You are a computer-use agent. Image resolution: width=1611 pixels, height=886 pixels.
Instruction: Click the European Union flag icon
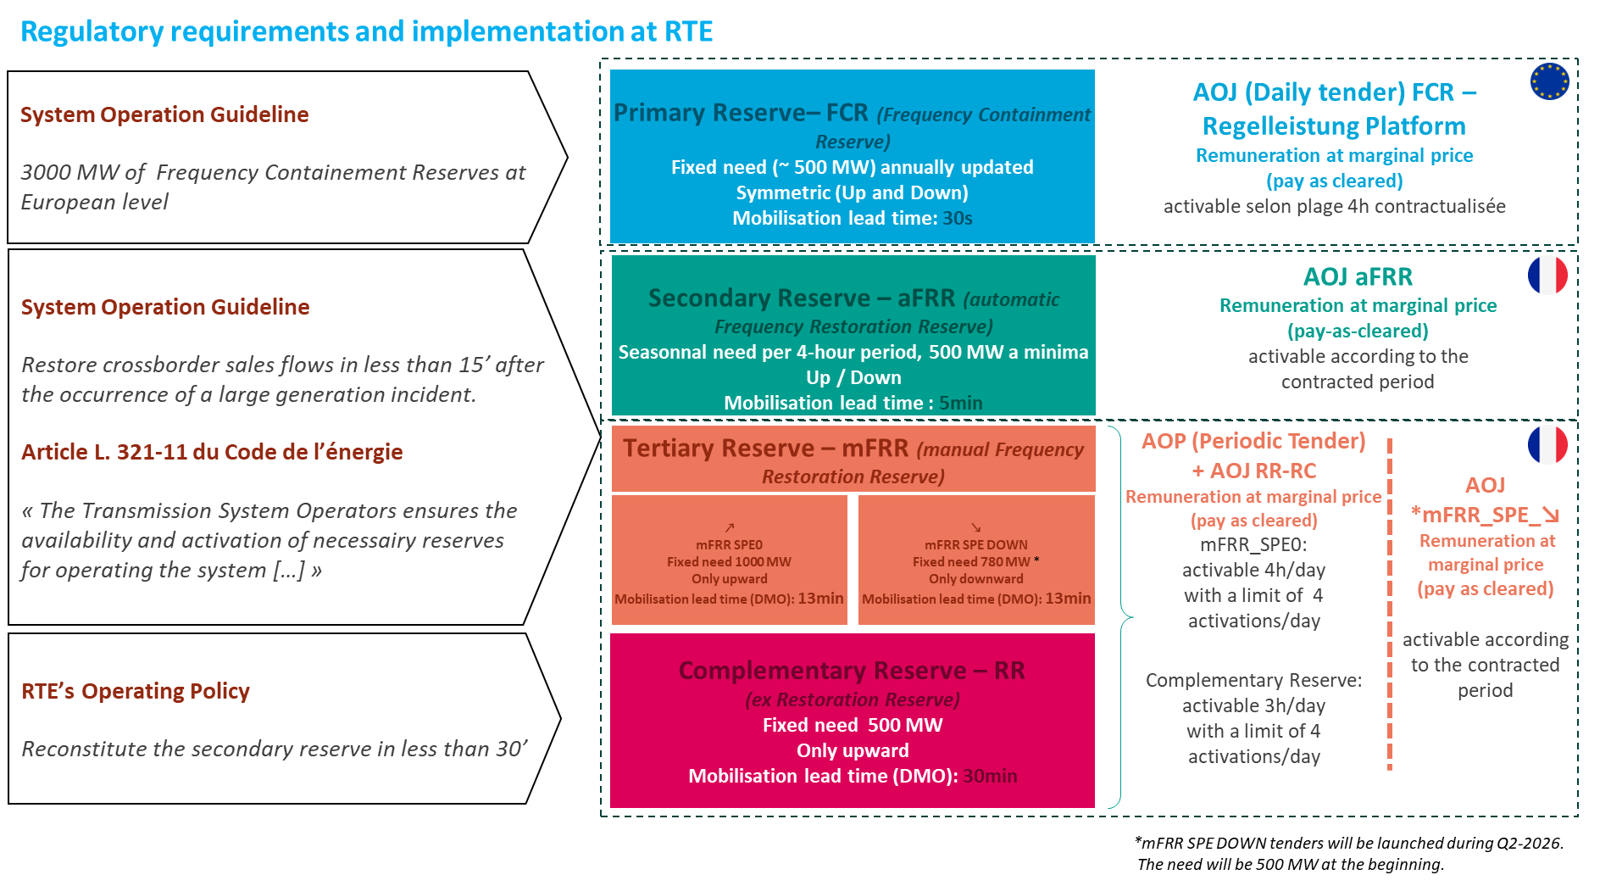pyautogui.click(x=1549, y=81)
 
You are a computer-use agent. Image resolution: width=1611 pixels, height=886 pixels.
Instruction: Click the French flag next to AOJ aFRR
pyautogui.click(x=1547, y=276)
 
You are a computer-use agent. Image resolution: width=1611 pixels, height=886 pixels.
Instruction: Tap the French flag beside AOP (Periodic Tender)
pyautogui.click(x=1547, y=444)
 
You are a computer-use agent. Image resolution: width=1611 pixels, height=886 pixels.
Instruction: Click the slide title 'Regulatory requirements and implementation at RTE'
pyautogui.click(x=366, y=31)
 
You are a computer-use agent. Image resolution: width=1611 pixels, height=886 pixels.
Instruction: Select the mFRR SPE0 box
pyautogui.click(x=729, y=560)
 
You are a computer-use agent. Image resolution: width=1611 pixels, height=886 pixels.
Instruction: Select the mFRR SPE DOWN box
pyautogui.click(x=976, y=560)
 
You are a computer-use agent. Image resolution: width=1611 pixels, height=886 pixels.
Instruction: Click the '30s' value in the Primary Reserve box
pyautogui.click(x=958, y=218)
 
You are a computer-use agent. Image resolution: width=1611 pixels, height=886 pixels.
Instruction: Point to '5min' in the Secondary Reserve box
pyautogui.click(x=960, y=403)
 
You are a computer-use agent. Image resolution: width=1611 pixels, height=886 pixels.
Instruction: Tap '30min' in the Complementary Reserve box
pyautogui.click(x=990, y=776)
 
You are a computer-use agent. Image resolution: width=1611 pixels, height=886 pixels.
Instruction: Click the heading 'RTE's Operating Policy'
pyautogui.click(x=136, y=691)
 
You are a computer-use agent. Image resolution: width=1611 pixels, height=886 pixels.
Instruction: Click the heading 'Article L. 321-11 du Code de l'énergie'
pyautogui.click(x=212, y=452)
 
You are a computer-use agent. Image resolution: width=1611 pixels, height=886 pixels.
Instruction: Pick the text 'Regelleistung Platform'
pyautogui.click(x=1334, y=126)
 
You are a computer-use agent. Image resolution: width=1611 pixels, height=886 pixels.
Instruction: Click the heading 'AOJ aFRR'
pyautogui.click(x=1358, y=277)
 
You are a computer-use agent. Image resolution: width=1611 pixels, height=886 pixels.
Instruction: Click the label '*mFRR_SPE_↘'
pyautogui.click(x=1485, y=515)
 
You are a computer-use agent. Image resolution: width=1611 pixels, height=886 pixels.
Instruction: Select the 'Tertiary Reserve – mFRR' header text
pyautogui.click(x=765, y=449)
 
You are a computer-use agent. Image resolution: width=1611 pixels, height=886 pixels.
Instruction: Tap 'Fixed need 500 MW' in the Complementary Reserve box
pyautogui.click(x=853, y=725)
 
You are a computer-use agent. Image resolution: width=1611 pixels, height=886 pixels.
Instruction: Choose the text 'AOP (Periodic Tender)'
pyautogui.click(x=1253, y=441)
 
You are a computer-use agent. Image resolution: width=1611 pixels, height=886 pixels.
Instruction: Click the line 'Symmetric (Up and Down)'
pyautogui.click(x=852, y=192)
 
